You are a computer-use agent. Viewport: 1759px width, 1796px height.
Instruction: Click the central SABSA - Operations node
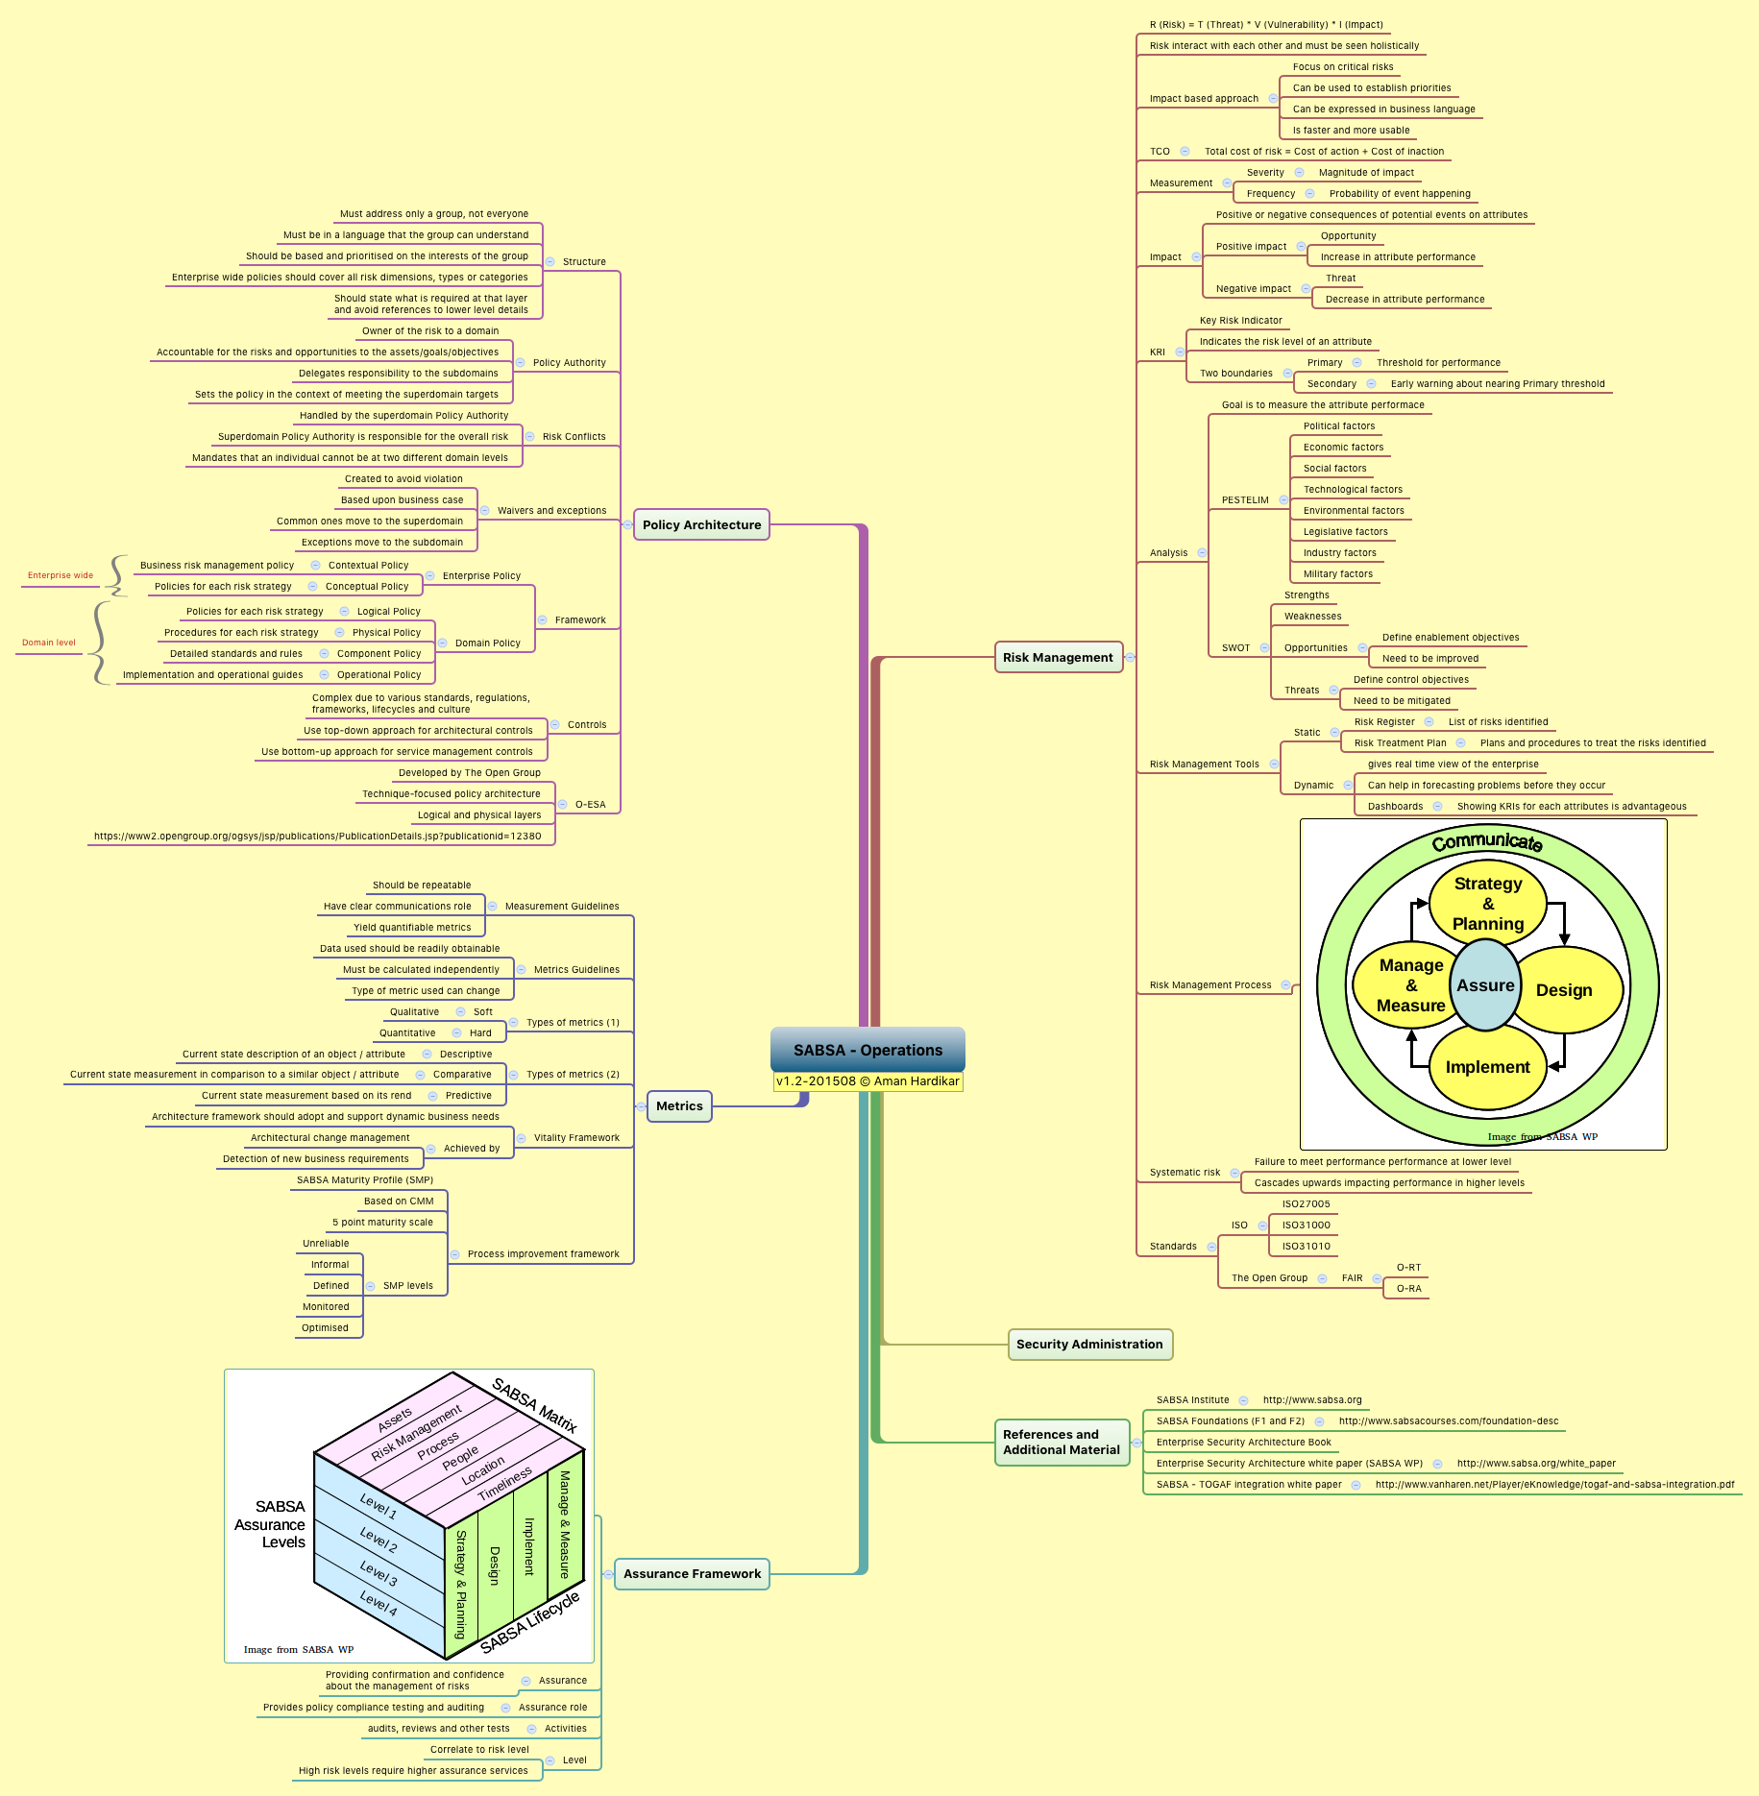(867, 1050)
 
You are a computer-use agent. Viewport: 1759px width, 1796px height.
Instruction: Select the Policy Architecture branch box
(701, 524)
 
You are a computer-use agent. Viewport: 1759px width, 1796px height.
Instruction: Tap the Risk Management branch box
(1058, 657)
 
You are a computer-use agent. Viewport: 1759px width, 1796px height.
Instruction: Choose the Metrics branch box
(679, 1105)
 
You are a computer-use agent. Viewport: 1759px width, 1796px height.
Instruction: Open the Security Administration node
(1089, 1344)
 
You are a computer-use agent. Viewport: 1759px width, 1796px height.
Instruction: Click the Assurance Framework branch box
(692, 1573)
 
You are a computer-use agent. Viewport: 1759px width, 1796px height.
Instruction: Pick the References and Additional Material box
(1062, 1442)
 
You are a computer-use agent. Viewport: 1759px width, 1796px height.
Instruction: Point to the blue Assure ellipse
(1485, 985)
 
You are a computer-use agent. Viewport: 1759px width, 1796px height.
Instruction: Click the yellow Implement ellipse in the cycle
(1487, 1067)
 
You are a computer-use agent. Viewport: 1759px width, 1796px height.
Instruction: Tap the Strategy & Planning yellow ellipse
(1488, 904)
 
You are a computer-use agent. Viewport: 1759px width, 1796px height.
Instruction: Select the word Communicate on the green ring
(1487, 842)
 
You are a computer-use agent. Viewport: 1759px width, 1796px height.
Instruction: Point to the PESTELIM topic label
(1245, 500)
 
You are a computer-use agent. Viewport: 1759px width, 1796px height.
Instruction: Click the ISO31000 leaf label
(1307, 1226)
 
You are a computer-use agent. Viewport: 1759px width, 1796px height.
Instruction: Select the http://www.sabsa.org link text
(1312, 1400)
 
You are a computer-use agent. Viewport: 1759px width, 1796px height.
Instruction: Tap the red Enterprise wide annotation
(61, 575)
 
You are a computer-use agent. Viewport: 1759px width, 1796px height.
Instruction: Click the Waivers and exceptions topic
(551, 511)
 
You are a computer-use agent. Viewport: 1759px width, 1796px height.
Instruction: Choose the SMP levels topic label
(407, 1286)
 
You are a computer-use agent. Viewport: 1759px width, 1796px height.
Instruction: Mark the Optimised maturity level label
(325, 1328)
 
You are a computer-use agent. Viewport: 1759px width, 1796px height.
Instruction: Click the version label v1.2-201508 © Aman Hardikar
(867, 1081)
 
